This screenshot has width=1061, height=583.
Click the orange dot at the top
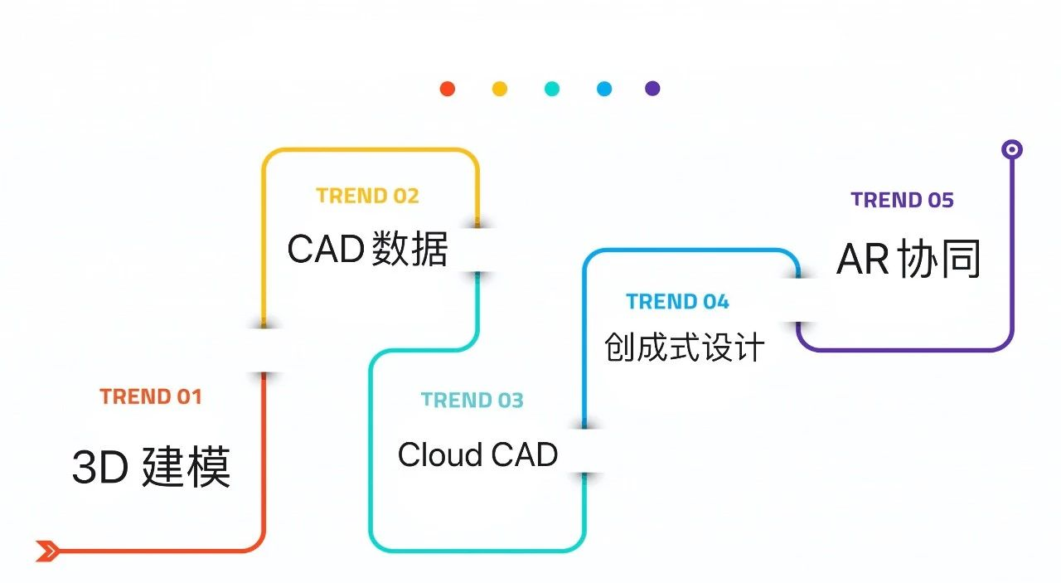click(x=448, y=89)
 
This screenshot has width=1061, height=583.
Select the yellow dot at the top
click(x=500, y=89)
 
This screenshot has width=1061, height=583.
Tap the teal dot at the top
click(x=552, y=89)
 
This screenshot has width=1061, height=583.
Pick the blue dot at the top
click(x=604, y=89)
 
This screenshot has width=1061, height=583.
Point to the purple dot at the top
click(x=653, y=89)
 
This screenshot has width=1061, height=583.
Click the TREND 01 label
click(x=151, y=396)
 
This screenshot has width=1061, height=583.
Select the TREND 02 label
click(x=367, y=196)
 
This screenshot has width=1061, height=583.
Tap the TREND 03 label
click(x=472, y=401)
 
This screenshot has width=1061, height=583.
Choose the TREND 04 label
click(x=677, y=302)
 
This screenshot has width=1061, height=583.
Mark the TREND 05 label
click(x=902, y=200)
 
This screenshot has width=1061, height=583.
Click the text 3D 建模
click(x=151, y=467)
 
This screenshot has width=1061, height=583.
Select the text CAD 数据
click(x=367, y=249)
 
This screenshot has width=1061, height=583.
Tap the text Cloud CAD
click(x=477, y=454)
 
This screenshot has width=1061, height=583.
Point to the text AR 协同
click(x=909, y=260)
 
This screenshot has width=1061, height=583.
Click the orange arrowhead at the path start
click(x=47, y=550)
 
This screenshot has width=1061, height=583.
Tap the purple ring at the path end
click(x=1011, y=149)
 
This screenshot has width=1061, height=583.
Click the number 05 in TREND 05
click(x=941, y=200)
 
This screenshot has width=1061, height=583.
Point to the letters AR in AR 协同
click(x=863, y=260)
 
